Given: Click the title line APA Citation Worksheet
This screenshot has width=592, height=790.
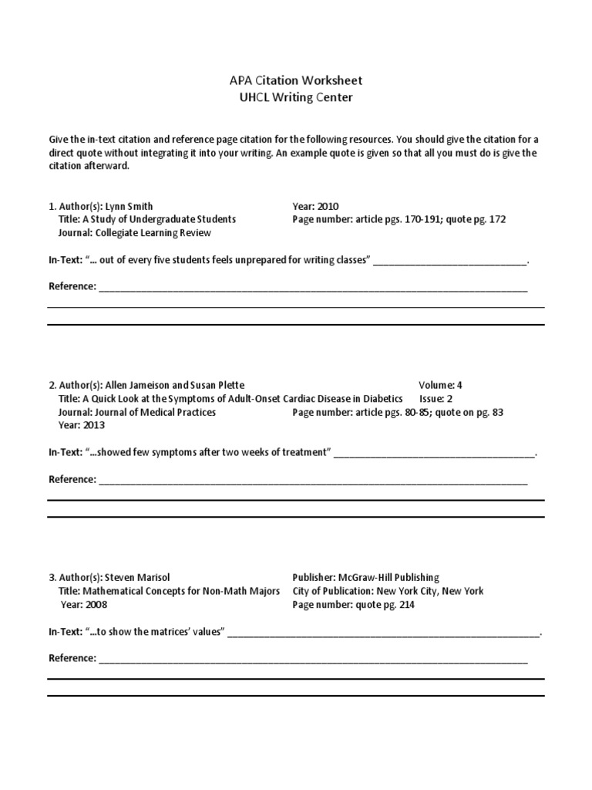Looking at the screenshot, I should [296, 80].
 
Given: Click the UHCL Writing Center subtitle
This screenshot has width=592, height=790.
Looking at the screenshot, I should [296, 97].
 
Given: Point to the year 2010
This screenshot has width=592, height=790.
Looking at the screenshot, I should [327, 206].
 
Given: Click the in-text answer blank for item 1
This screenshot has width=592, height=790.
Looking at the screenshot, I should [450, 262].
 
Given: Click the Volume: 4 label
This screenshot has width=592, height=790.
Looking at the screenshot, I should [440, 385].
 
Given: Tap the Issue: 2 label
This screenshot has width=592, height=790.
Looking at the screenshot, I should [435, 398].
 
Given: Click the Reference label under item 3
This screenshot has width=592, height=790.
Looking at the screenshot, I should [72, 658].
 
